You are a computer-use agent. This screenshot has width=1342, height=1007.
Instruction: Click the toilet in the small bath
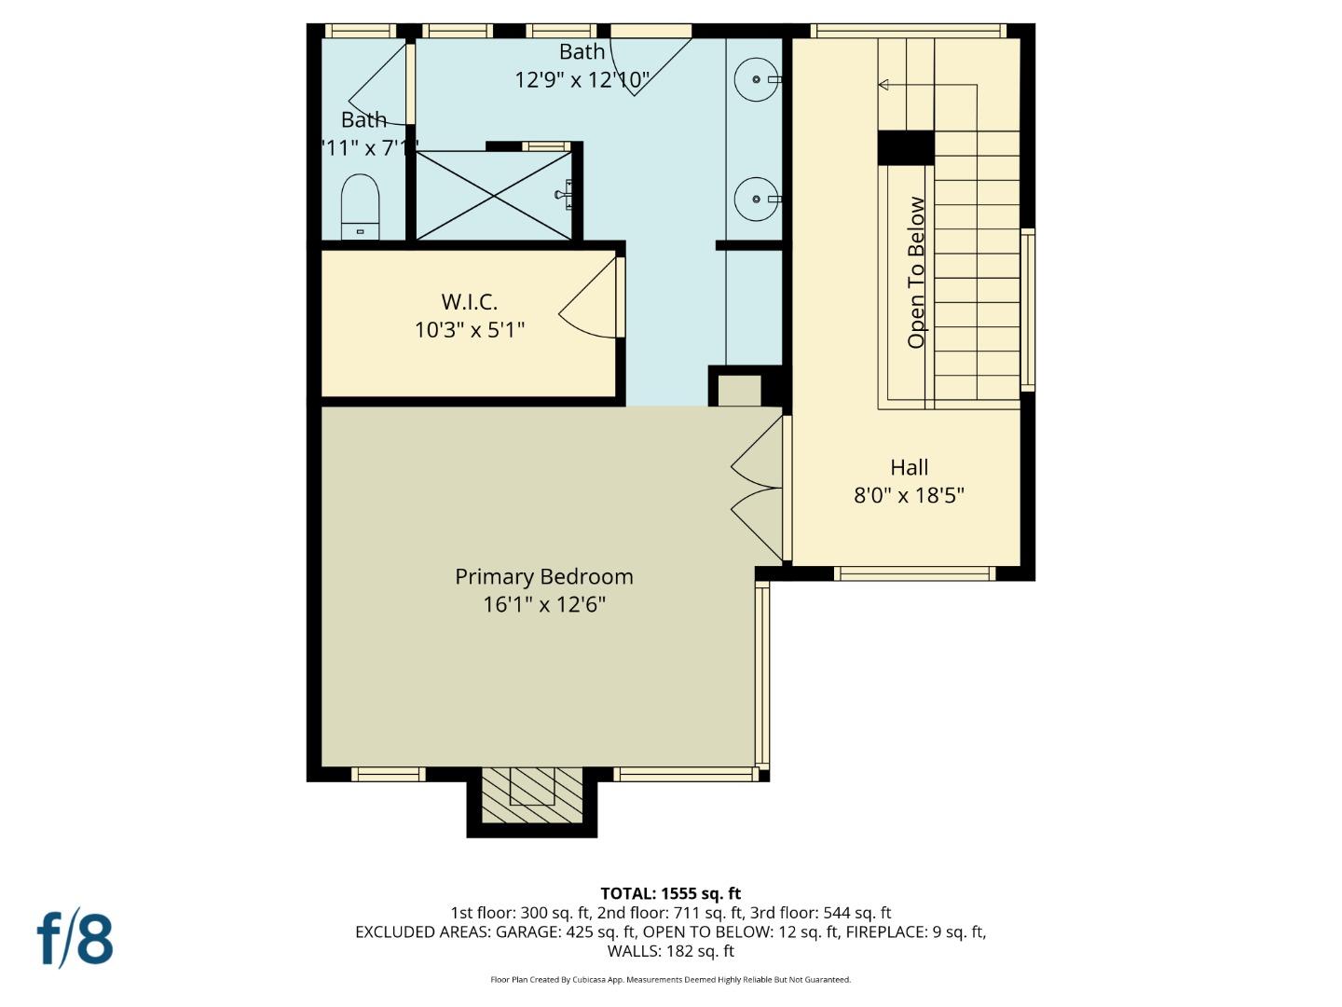[x=360, y=206]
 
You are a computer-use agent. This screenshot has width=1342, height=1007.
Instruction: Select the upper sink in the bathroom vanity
[x=756, y=79]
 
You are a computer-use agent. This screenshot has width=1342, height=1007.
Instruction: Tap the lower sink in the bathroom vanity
[x=756, y=199]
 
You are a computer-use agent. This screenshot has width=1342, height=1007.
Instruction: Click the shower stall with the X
[x=494, y=195]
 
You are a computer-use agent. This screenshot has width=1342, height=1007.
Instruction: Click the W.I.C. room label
[x=469, y=302]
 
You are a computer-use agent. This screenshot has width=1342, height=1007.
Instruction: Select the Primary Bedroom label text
[x=543, y=576]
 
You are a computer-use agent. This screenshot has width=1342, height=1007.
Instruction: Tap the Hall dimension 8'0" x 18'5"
[x=909, y=495]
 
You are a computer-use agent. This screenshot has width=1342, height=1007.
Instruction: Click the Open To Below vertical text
[x=917, y=272]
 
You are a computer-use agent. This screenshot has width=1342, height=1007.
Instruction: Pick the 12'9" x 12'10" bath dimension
[x=582, y=80]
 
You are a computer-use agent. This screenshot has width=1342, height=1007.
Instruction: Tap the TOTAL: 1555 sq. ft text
[x=670, y=893]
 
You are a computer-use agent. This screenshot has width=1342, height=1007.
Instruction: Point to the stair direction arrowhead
[x=883, y=85]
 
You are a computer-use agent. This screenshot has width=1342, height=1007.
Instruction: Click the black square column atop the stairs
[x=906, y=148]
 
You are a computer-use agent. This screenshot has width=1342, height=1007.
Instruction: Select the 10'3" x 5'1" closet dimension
[x=470, y=330]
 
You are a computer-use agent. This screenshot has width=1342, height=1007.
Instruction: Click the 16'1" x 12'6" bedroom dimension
[x=543, y=604]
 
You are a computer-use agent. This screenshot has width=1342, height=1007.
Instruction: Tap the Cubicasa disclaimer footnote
[x=670, y=979]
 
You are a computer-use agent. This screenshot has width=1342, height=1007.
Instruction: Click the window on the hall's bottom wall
[x=914, y=573]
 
